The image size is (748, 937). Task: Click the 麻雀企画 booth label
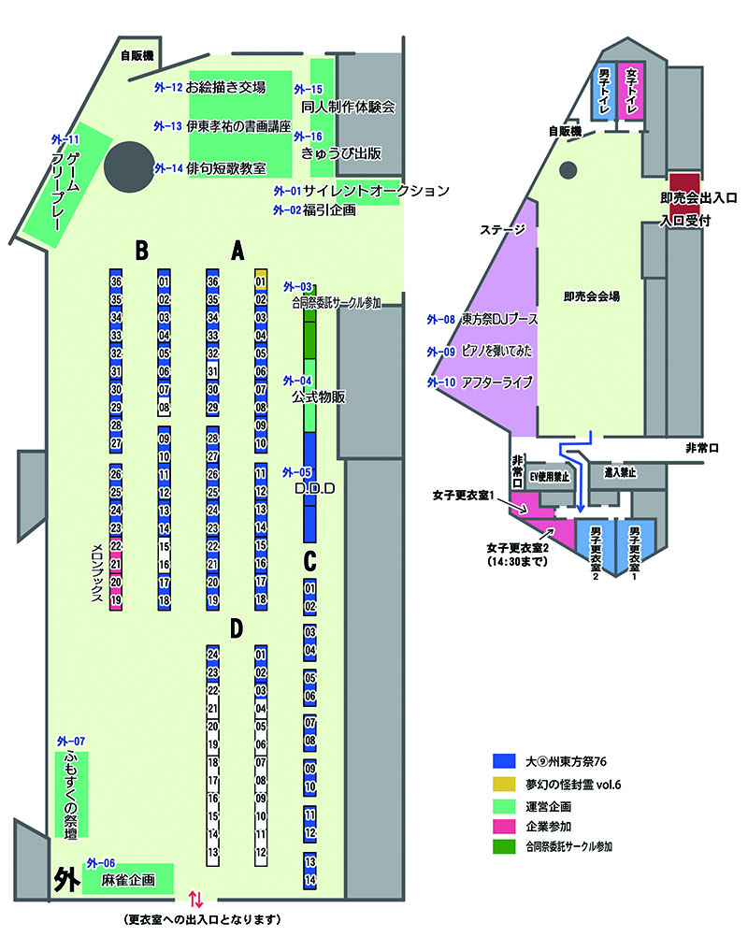pos(127,880)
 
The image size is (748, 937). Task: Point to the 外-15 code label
pos(309,89)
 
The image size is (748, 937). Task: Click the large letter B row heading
pos(141,251)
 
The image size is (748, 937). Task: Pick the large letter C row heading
pos(310,561)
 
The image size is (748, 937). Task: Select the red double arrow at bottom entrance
pos(195,900)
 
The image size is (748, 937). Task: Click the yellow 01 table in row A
pos(261,279)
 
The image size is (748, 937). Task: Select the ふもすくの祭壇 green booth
pos(71,794)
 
